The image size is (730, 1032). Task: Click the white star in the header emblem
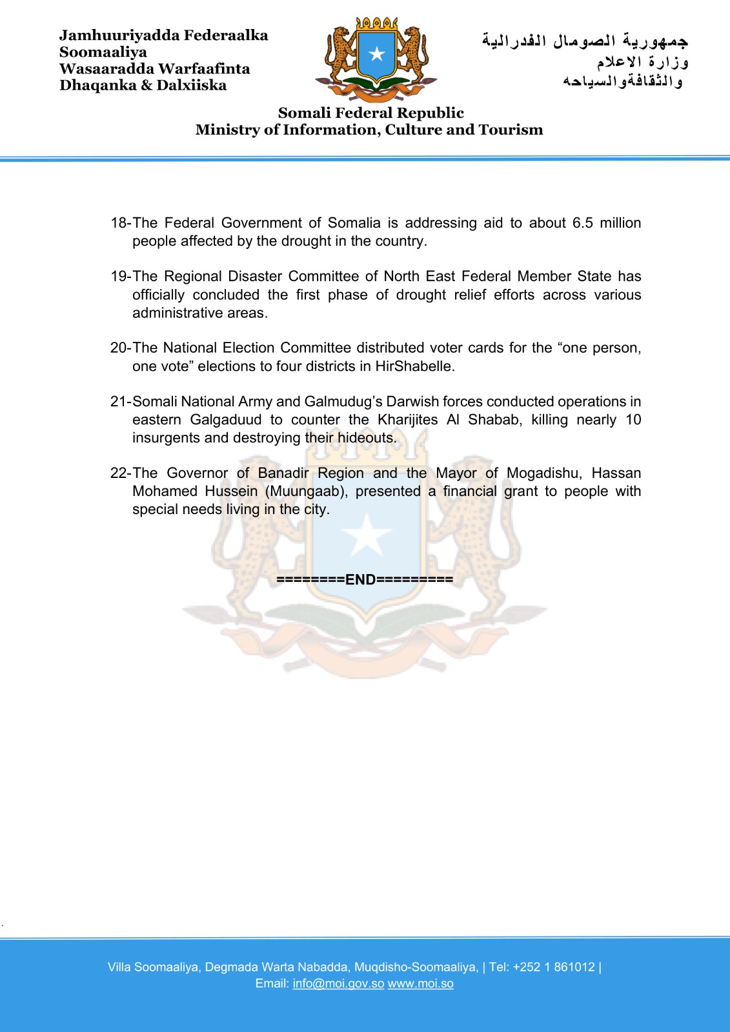(377, 54)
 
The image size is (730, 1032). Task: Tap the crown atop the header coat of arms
(377, 23)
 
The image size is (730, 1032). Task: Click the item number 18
(119, 223)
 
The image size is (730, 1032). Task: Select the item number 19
(119, 277)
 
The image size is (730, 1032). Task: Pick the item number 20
(119, 348)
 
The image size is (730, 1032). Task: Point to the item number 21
(119, 402)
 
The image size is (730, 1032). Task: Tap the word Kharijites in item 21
(407, 420)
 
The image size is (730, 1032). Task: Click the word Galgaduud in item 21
(226, 420)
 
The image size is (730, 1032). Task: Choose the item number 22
(119, 473)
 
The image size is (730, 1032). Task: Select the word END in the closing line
(360, 580)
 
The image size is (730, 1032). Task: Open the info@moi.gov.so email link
(338, 984)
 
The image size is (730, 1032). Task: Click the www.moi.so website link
(420, 984)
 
